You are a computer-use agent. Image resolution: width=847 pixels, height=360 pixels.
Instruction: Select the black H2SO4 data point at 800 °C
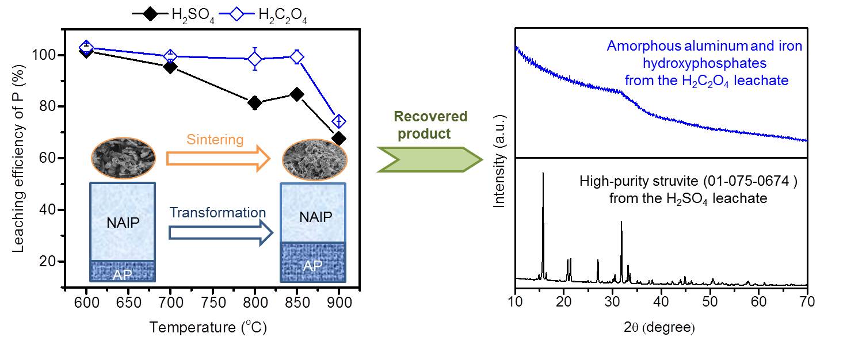click(255, 103)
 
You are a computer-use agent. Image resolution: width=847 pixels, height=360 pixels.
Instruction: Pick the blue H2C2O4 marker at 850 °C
click(297, 57)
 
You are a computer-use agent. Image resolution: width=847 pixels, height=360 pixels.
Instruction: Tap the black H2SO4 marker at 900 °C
click(339, 139)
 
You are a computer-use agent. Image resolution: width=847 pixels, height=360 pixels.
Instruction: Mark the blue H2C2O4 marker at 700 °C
click(170, 56)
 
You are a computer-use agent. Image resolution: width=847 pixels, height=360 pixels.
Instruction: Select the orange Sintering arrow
click(218, 158)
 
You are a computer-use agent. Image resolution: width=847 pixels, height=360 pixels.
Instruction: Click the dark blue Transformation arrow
click(220, 232)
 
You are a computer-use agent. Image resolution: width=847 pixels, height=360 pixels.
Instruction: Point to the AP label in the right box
click(312, 265)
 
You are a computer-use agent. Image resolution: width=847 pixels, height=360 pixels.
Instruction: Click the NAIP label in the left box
click(123, 222)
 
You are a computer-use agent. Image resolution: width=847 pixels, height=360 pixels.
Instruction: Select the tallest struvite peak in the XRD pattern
click(543, 175)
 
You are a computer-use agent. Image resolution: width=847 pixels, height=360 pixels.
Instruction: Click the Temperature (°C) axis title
click(208, 328)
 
